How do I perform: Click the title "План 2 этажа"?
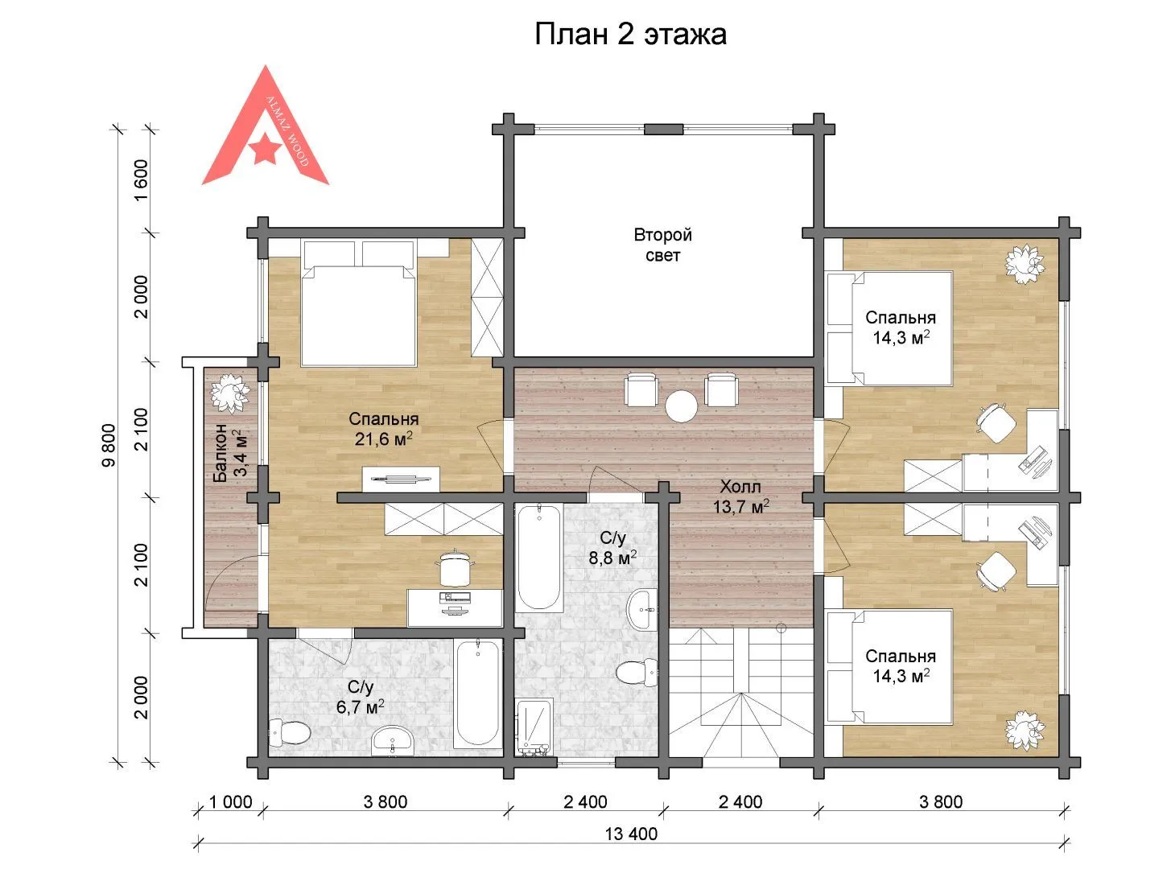coord(630,35)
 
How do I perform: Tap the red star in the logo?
coord(265,147)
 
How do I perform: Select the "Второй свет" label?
coord(662,245)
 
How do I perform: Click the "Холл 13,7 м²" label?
coord(740,496)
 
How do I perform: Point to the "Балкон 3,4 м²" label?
coord(230,453)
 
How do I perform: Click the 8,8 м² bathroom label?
coord(612,548)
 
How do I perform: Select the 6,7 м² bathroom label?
coord(360,697)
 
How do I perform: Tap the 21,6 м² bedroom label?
coord(383,429)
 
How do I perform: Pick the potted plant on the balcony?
coord(229,393)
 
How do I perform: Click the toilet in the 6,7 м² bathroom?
coord(289,732)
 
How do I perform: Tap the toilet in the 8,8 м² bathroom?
coord(637,673)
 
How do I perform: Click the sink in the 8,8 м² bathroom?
coord(642,610)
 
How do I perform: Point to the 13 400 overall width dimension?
coord(631,834)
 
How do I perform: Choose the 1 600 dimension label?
coord(142,180)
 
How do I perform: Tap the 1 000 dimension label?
coord(230,802)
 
